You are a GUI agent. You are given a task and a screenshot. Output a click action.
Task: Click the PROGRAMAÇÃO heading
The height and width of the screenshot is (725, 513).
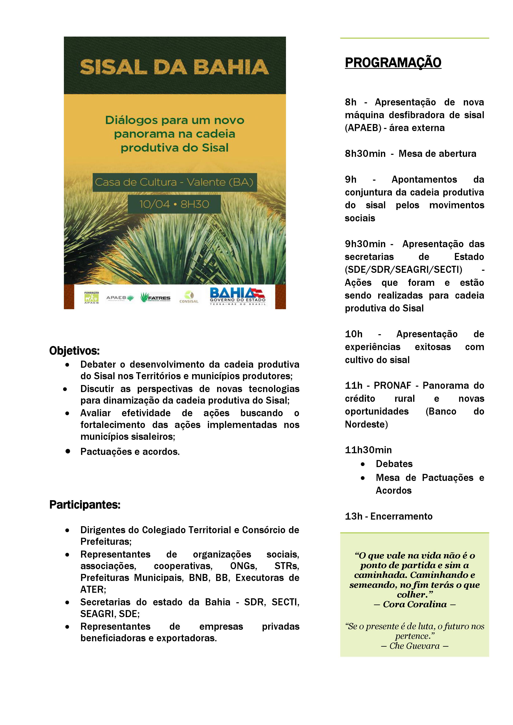[393, 63]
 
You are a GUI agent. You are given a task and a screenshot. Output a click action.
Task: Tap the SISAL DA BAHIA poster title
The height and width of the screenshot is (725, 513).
[174, 67]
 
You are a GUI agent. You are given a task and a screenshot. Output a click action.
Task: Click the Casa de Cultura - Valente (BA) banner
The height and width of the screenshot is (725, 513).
[174, 182]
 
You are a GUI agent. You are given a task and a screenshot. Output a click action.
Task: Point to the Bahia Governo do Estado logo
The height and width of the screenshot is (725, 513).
[238, 296]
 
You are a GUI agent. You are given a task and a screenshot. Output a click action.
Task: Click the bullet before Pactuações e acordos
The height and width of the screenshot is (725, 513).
[68, 451]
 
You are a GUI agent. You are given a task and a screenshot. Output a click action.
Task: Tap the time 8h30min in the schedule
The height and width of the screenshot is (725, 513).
[365, 154]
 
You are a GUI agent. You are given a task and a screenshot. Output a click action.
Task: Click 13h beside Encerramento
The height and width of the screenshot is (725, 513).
[354, 516]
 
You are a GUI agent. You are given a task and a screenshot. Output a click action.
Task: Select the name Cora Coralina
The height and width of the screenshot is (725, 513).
[415, 604]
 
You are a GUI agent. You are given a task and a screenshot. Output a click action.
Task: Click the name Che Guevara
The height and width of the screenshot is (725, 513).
[414, 646]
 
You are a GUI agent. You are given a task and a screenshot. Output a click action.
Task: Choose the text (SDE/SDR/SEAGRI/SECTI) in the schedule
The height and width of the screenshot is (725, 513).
[403, 270]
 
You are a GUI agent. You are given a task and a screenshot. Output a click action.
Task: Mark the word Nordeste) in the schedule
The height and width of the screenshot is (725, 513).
[366, 424]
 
